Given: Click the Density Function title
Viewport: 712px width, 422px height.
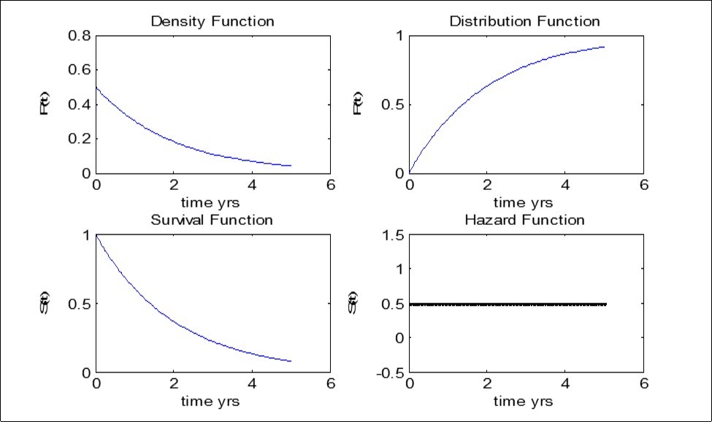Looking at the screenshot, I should click(x=212, y=21).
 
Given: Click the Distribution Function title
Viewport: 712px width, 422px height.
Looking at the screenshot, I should click(x=524, y=21).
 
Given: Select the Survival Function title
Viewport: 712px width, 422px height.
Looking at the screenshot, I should click(x=212, y=220).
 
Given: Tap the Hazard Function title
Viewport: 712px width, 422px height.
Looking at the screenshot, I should click(x=525, y=220).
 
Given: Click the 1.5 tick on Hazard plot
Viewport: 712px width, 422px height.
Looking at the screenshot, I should click(x=393, y=234).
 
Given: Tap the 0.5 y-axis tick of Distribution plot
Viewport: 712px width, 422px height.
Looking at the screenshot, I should click(x=393, y=104).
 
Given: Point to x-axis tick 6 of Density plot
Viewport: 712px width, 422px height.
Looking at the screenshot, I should click(x=330, y=185).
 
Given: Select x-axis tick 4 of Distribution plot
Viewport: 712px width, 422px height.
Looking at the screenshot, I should click(x=565, y=185).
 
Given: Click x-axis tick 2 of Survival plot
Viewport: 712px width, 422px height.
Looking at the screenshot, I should click(x=174, y=384).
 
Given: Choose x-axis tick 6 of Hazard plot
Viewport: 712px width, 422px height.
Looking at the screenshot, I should click(x=643, y=384).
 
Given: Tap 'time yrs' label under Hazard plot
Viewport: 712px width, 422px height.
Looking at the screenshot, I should click(x=523, y=401).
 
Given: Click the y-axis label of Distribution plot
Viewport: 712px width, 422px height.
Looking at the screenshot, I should click(x=358, y=103).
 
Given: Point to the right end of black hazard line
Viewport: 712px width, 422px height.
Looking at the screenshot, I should click(x=605, y=304).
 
